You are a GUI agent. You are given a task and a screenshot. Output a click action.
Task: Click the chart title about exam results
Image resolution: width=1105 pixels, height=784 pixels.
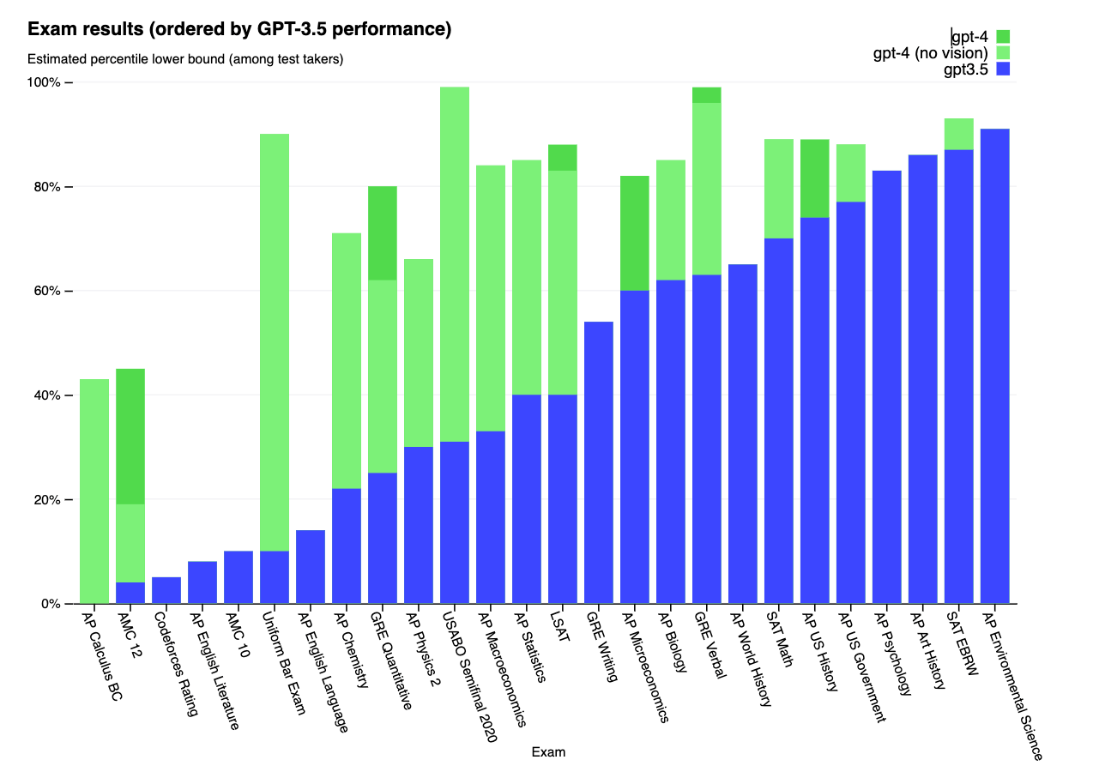239,30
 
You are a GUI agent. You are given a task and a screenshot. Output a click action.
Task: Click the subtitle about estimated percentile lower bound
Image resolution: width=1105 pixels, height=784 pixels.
185,59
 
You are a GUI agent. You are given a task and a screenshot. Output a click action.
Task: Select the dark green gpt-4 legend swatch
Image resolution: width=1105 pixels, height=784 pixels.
1003,37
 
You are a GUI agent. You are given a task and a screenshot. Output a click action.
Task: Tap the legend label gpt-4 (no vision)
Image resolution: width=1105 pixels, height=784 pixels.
930,53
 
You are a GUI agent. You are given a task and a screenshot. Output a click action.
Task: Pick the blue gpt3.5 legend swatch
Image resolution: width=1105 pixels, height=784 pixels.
1003,69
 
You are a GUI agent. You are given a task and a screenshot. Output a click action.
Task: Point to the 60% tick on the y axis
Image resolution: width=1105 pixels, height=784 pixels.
49,291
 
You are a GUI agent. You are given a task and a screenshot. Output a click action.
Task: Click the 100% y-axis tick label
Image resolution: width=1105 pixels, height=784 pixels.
45,82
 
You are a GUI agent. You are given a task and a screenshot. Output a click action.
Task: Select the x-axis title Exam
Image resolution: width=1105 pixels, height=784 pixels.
548,752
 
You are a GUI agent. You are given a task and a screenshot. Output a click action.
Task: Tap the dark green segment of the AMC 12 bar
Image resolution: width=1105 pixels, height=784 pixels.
130,437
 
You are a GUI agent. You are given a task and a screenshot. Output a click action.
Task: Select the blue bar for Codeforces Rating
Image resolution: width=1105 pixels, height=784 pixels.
166,591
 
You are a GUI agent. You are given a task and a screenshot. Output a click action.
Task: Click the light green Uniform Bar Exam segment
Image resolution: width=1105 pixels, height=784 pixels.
275,342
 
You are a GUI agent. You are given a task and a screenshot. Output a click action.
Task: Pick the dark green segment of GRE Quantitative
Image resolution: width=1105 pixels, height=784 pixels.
383,233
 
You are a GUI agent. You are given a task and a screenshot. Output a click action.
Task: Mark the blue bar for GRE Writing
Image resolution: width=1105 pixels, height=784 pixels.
599,463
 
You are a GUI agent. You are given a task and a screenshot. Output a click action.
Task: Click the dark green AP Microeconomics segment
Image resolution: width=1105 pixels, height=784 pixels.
635,233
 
